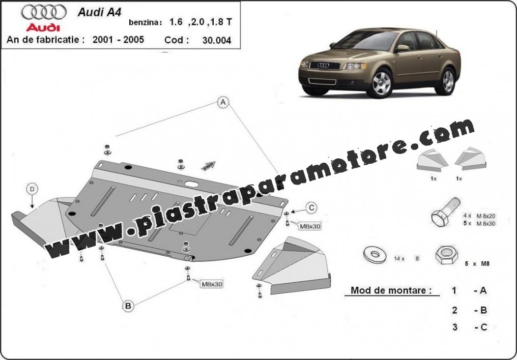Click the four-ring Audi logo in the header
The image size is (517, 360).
click(x=44, y=12)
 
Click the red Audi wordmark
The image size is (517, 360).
click(x=43, y=28)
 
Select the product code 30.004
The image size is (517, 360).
click(x=217, y=40)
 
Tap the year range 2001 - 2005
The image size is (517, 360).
click(x=118, y=40)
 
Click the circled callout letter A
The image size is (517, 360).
click(x=223, y=103)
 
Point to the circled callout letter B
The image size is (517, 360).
click(x=128, y=306)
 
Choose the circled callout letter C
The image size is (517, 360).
click(x=311, y=208)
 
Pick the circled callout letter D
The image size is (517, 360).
click(x=32, y=189)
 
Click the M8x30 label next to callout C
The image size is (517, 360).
click(x=310, y=226)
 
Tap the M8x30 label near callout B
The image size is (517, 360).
click(x=212, y=283)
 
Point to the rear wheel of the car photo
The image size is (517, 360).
click(x=447, y=81)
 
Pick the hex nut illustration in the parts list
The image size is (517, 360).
click(x=446, y=255)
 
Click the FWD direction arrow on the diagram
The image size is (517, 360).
click(x=208, y=166)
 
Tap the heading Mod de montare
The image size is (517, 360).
click(x=391, y=290)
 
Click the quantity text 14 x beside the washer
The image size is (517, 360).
click(x=399, y=259)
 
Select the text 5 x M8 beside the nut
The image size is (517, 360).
click(x=476, y=264)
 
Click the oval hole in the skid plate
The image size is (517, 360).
click(x=192, y=184)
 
